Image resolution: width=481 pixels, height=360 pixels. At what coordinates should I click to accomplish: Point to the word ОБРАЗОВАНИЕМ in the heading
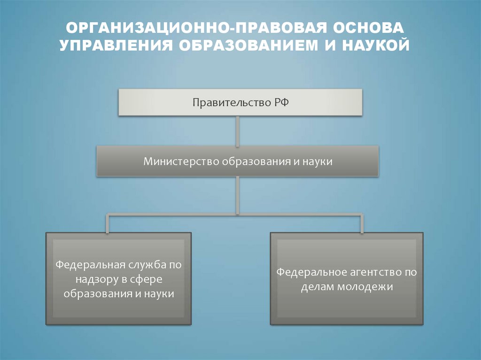point(248,46)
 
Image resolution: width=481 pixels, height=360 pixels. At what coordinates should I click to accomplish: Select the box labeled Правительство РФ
point(240,102)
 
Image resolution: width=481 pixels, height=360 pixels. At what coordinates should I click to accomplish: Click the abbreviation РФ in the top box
point(278,102)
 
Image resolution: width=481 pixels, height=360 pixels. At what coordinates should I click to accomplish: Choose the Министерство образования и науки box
point(238,161)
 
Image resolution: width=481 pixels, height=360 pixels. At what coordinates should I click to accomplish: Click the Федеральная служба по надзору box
point(118,279)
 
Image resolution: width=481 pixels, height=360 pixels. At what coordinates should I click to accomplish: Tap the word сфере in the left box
point(150,279)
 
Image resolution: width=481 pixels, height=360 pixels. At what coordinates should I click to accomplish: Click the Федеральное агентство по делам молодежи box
point(347,279)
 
